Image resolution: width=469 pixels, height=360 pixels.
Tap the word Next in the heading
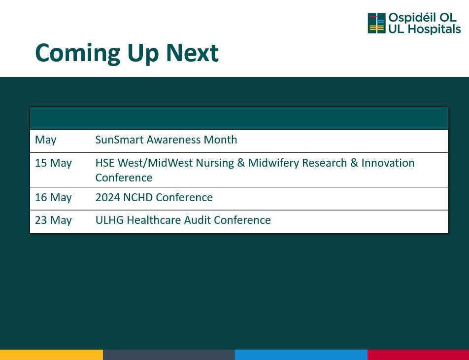click(x=192, y=53)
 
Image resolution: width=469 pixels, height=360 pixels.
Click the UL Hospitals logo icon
click(x=376, y=23)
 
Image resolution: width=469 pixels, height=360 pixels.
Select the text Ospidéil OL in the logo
click(x=422, y=18)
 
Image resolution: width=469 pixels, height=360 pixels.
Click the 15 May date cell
click(x=53, y=163)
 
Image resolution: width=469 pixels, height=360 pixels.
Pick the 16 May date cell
click(x=53, y=198)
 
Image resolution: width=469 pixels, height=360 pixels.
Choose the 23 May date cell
click(x=53, y=220)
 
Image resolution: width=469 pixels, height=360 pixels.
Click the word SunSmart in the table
click(x=119, y=140)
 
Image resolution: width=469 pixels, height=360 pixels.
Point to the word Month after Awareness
click(x=220, y=140)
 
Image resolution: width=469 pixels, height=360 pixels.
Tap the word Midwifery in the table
click(x=274, y=163)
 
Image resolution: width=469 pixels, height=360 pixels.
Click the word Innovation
click(x=388, y=163)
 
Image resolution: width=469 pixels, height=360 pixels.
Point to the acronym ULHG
click(x=109, y=220)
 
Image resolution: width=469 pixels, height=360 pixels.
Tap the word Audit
click(x=197, y=220)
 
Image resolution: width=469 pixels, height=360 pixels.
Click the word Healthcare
click(x=154, y=220)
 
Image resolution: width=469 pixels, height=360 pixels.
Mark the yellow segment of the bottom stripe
click(x=51, y=355)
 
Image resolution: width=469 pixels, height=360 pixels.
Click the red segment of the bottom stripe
click(x=418, y=355)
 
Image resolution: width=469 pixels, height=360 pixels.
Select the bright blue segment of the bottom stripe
click(x=301, y=355)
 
